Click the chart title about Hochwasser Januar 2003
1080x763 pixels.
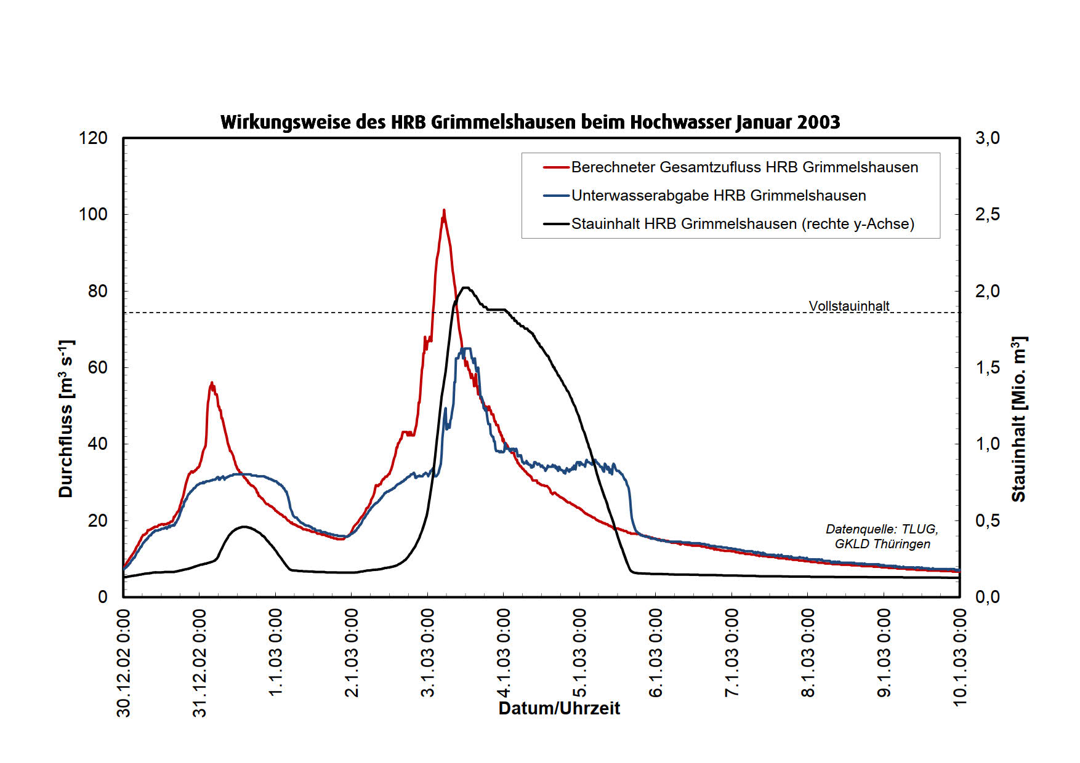click(530, 122)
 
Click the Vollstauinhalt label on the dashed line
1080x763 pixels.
click(848, 306)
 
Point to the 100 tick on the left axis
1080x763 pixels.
click(93, 215)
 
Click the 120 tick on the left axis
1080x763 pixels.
click(93, 138)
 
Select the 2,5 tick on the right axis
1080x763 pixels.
click(987, 215)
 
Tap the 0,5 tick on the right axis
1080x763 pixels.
click(987, 521)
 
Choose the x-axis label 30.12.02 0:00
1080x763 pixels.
click(124, 663)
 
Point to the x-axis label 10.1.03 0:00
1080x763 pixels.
click(959, 657)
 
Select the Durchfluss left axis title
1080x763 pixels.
click(66, 418)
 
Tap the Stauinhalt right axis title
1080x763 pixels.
click(1019, 418)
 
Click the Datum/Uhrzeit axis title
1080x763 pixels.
click(559, 708)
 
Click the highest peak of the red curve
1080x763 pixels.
click(443, 211)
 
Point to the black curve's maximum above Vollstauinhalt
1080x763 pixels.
click(466, 287)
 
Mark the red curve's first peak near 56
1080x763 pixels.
click(212, 383)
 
